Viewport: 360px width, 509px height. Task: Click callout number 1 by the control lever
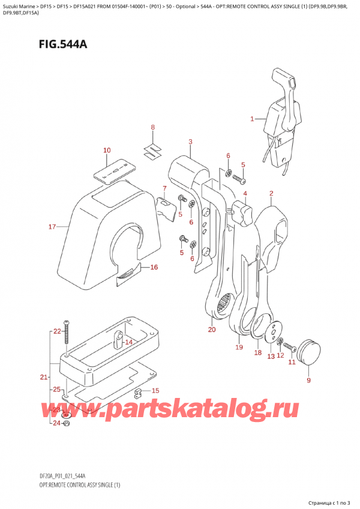[x=253, y=119]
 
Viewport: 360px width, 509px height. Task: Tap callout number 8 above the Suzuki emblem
[x=152, y=127]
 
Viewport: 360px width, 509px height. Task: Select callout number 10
[x=106, y=150]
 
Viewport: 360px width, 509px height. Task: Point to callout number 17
[x=52, y=226]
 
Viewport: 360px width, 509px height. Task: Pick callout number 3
[x=190, y=142]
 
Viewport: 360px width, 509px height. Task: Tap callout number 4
[x=245, y=193]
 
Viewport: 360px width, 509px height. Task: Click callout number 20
[x=212, y=330]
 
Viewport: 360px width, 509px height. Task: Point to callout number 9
[x=308, y=380]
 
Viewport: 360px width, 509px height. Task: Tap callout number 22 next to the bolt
[x=57, y=331]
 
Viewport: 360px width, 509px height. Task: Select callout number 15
[x=155, y=391]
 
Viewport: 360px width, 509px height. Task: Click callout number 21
[x=43, y=376]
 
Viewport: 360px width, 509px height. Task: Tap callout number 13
[x=271, y=357]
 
